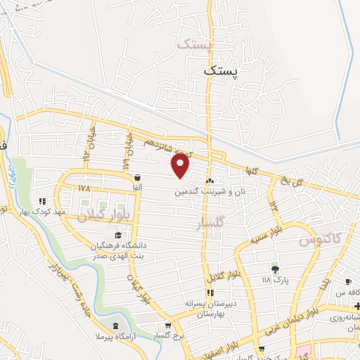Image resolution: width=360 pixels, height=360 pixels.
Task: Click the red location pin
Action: pos(181,166)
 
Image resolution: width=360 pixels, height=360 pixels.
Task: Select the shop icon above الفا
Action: pos(136,178)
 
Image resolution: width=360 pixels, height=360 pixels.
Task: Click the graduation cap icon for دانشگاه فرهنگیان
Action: pos(117,236)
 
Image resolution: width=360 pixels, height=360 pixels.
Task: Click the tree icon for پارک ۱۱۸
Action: pos(275,269)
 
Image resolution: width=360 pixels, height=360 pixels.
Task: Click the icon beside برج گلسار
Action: pos(167,326)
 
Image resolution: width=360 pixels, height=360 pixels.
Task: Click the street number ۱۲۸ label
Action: pos(85,188)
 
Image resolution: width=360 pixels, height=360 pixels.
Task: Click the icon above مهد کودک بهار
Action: pos(42,201)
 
